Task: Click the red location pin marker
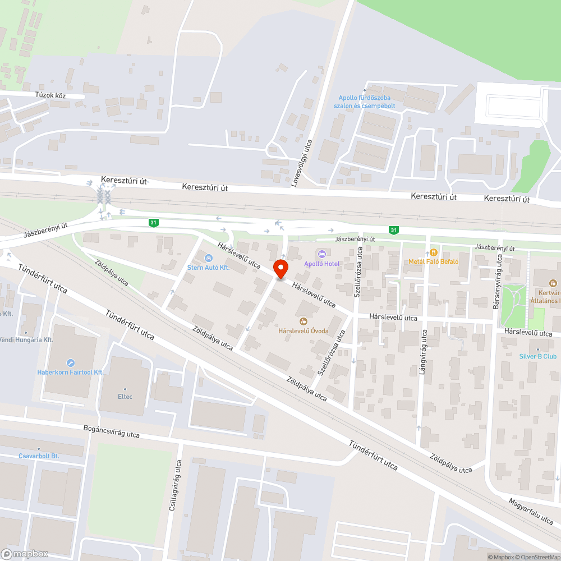280,269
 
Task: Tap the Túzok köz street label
51,96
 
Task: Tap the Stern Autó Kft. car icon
209,258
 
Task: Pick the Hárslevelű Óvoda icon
304,321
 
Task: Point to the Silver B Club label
537,356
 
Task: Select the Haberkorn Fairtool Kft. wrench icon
71,362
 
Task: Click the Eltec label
125,396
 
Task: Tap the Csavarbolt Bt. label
39,456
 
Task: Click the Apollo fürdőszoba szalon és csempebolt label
364,102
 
